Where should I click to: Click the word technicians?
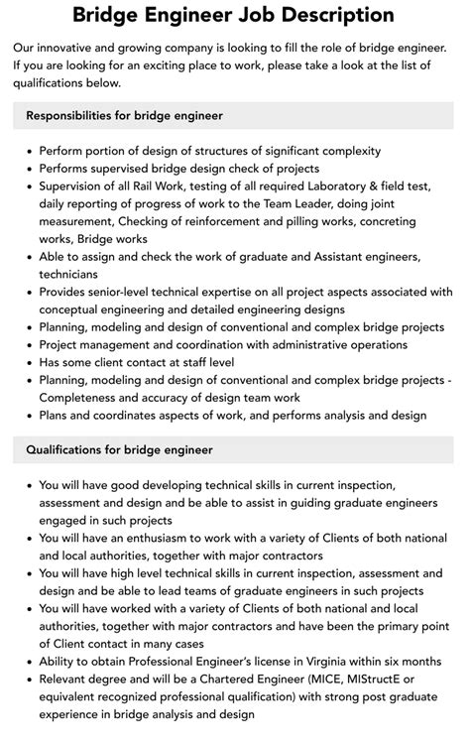coord(69,274)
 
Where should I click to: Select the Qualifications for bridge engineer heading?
coord(120,449)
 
